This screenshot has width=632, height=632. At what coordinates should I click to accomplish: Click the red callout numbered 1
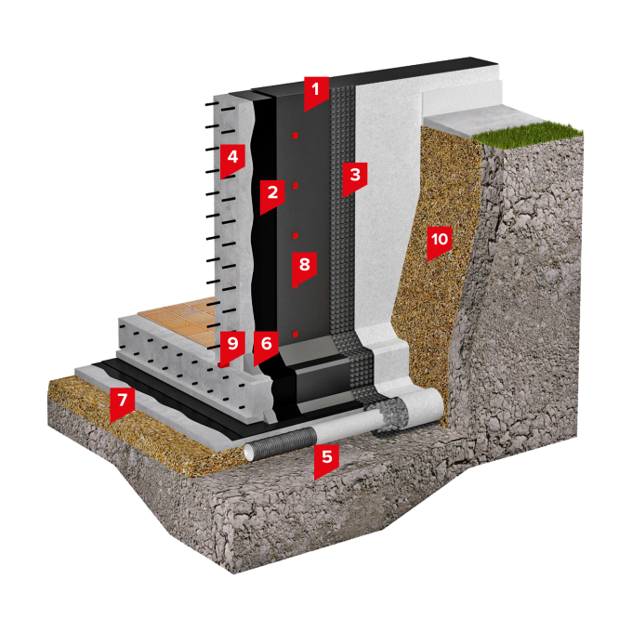click(316, 93)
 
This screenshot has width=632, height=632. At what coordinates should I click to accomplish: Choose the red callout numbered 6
click(266, 348)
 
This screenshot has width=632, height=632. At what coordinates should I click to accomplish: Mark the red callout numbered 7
click(122, 404)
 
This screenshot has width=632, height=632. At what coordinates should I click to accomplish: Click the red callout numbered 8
click(304, 269)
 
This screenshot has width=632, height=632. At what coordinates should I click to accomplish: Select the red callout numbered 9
click(232, 348)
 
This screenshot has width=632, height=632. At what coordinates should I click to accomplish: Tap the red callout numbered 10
click(440, 244)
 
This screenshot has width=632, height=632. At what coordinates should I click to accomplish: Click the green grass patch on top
click(528, 132)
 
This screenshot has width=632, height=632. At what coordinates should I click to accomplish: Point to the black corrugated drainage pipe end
click(280, 443)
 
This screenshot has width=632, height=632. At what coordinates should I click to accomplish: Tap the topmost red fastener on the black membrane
click(295, 136)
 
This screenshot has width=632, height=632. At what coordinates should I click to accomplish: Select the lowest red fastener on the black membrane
click(295, 335)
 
